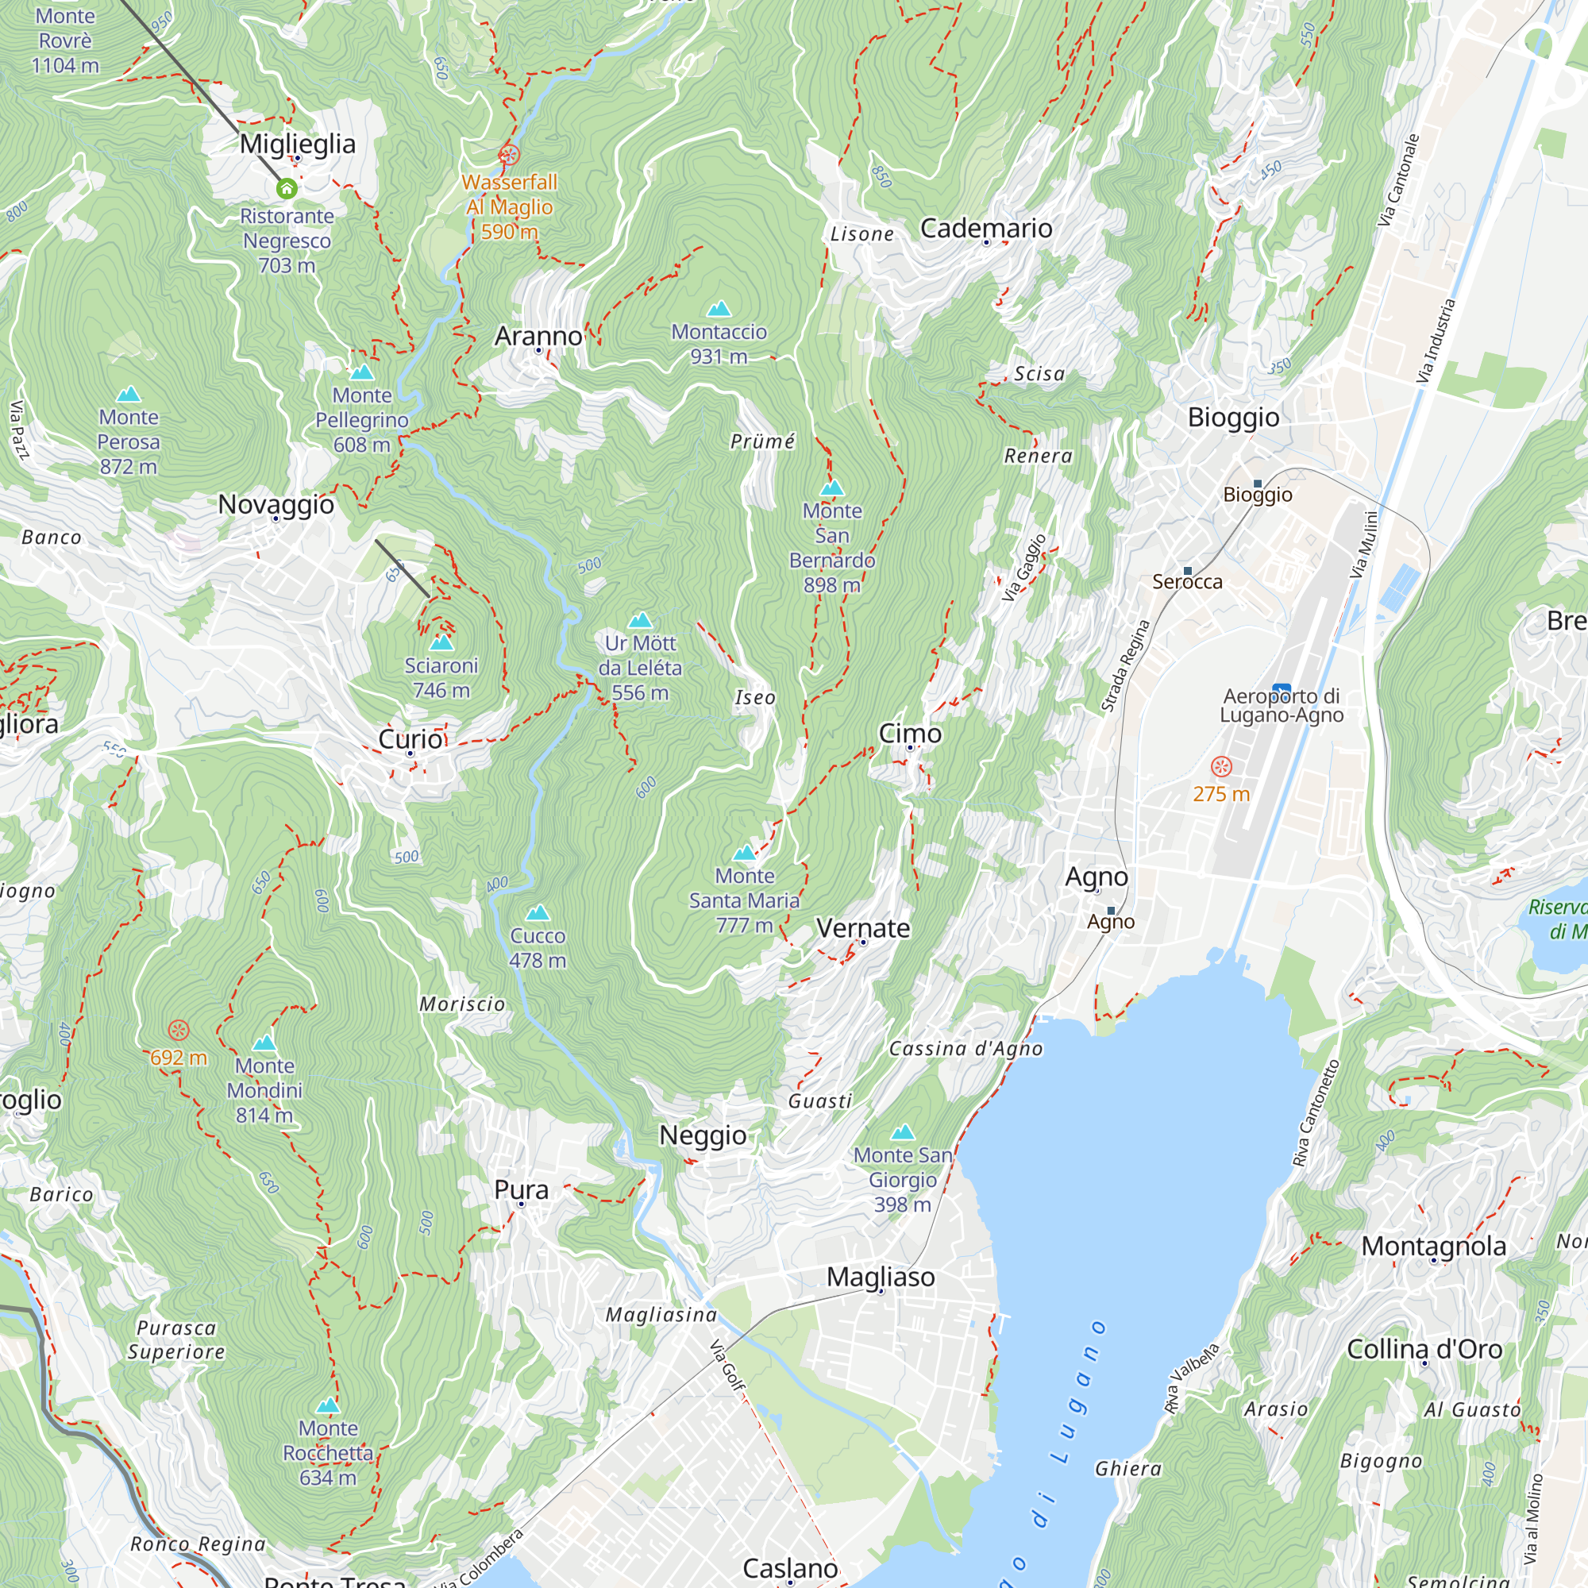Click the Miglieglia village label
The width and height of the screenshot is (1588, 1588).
[x=298, y=144]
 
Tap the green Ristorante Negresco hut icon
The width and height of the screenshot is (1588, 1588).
[x=286, y=189]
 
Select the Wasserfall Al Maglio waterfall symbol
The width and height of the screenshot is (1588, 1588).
[x=509, y=155]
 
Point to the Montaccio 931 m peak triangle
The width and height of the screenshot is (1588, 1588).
[x=719, y=309]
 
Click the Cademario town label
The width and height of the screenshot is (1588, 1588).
[x=985, y=228]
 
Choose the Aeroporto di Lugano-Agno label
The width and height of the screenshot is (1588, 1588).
[x=1281, y=705]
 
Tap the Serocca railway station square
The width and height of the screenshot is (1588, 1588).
[x=1187, y=570]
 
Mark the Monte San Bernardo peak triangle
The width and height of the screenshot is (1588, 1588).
[x=832, y=488]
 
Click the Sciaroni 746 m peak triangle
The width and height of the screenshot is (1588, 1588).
[x=441, y=643]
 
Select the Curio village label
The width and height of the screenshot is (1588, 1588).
[x=410, y=738]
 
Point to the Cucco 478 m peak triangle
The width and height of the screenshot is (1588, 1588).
[x=538, y=913]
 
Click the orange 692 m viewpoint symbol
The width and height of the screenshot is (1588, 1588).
[x=179, y=1030]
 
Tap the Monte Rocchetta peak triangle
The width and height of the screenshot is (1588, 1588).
[x=328, y=1405]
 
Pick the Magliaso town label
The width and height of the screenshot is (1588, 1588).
[x=881, y=1277]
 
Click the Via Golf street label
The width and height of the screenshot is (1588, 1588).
[x=727, y=1364]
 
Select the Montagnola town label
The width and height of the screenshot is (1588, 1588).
[x=1433, y=1246]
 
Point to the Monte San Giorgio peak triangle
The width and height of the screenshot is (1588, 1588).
[x=903, y=1133]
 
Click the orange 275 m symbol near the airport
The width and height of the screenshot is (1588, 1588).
[x=1221, y=767]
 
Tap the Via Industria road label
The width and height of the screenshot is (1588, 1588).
[x=1435, y=341]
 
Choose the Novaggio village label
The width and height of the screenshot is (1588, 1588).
[x=276, y=504]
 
